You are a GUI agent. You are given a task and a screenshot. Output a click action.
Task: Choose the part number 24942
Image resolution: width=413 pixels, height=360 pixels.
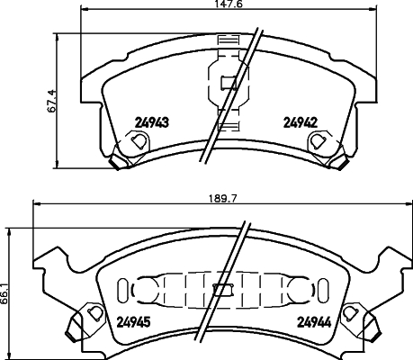(x=301, y=121)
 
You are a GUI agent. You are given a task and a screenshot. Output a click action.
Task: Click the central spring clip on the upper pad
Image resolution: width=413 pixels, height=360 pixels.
(x=225, y=85)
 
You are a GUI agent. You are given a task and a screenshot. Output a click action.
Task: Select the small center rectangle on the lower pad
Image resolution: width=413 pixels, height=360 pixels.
(x=222, y=291)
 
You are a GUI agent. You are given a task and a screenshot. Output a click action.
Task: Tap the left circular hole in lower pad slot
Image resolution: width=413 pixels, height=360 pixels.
(x=143, y=291)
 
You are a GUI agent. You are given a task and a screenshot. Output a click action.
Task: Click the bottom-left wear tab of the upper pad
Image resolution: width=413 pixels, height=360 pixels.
(x=115, y=161)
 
